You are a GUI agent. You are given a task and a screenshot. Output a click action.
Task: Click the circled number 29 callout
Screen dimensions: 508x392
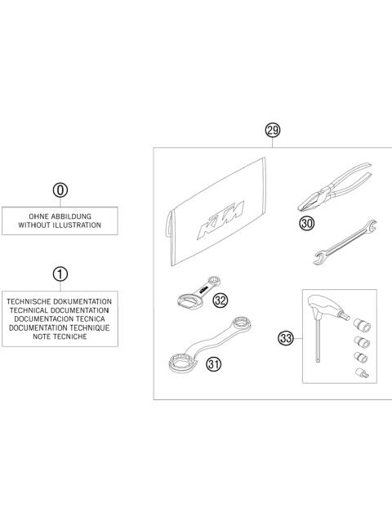(x=273, y=130)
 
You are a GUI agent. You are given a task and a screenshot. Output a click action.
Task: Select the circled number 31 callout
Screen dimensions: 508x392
(x=214, y=364)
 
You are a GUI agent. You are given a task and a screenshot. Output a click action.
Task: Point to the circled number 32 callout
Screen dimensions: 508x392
(x=220, y=300)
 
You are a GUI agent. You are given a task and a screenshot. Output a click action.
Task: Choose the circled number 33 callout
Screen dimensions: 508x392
(x=287, y=336)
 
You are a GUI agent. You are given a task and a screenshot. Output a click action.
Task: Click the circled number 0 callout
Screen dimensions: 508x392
(x=60, y=190)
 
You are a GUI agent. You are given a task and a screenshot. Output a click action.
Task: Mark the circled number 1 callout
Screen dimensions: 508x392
(x=60, y=274)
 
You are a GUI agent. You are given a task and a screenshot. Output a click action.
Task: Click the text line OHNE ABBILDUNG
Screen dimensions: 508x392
(x=60, y=215)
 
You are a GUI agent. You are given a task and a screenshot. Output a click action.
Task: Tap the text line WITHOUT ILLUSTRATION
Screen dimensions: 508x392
(x=60, y=225)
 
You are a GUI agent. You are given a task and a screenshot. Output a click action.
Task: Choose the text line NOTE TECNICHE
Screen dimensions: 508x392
(x=60, y=336)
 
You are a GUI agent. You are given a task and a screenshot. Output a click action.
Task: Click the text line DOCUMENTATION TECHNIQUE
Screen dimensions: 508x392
(x=60, y=327)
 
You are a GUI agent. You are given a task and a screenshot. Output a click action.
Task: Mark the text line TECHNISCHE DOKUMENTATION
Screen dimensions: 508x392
(x=60, y=301)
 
